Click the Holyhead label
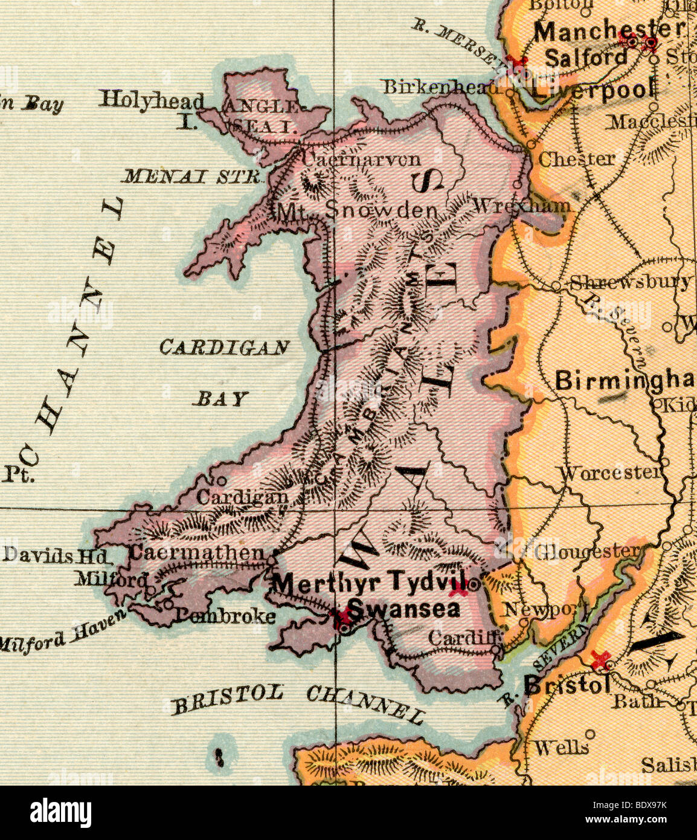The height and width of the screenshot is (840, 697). tap(151, 100)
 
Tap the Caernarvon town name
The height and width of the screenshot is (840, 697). tap(361, 160)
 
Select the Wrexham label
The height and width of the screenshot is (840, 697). tap(521, 205)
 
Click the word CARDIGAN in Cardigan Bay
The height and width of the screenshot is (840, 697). tap(224, 347)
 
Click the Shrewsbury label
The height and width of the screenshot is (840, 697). tap(630, 282)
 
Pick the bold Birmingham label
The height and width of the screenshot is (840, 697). tap(624, 381)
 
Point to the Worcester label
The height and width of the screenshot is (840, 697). tap(610, 473)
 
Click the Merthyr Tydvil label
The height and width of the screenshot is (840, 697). tap(369, 583)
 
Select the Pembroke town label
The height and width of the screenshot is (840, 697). tap(225, 616)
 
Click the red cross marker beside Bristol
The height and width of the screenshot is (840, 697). tap(599, 659)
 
